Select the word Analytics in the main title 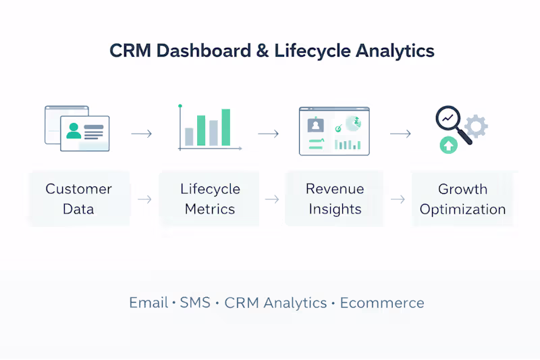pos(393,51)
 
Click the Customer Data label pos(78,199)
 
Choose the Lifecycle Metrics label pos(210,199)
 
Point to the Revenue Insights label pos(335,199)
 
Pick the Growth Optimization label pos(462,199)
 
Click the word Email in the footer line pos(148,303)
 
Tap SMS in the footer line pos(195,303)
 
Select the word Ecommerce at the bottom pos(382,303)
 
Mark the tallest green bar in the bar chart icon pos(225,127)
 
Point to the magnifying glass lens pos(446,119)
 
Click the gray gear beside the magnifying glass pos(476,126)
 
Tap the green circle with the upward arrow pos(448,144)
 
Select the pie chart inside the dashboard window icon pos(352,124)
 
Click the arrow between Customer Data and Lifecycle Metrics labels pos(144,199)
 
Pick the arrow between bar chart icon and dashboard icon pos(268,134)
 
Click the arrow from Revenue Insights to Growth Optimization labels pos(398,199)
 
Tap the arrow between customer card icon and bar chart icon pos(141,134)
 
